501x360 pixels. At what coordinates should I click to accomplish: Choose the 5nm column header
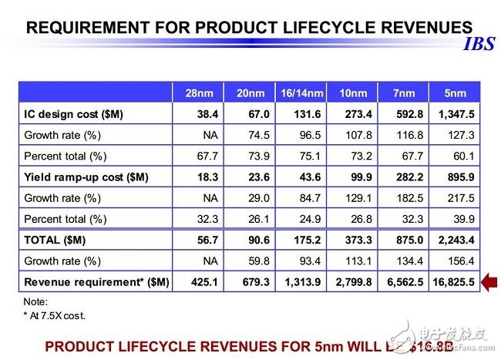pos(456,93)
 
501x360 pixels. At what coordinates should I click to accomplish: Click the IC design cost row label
pos(72,114)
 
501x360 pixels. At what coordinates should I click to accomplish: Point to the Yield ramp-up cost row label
pos(85,177)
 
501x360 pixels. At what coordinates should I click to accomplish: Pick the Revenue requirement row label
pos(96,281)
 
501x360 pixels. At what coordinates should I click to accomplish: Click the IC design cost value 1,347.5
pos(455,114)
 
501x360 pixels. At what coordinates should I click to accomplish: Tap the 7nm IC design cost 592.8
pos(405,114)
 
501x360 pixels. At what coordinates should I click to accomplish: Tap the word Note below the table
pos(35,302)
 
